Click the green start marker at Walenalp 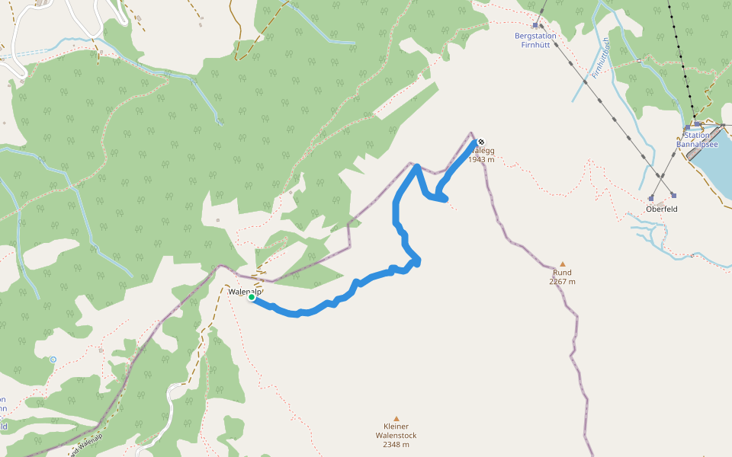click(x=251, y=297)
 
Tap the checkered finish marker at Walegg click(x=480, y=142)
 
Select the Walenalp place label click(x=245, y=291)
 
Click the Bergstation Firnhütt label click(x=535, y=40)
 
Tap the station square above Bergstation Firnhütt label click(x=536, y=25)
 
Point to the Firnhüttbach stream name click(x=599, y=59)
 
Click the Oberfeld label click(x=661, y=209)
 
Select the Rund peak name click(x=562, y=272)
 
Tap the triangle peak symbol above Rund click(x=563, y=264)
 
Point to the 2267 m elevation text click(x=562, y=281)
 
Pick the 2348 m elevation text click(x=396, y=445)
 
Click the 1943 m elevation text click(x=481, y=160)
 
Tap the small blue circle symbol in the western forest click(x=53, y=359)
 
